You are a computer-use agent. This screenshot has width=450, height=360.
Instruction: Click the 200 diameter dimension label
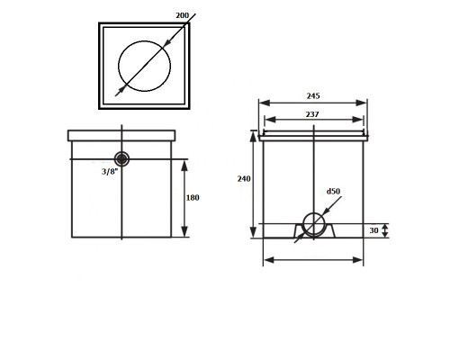click(x=182, y=15)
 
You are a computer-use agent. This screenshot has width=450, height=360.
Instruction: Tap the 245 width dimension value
click(x=313, y=96)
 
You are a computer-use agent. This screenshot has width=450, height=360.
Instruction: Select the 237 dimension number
click(x=312, y=114)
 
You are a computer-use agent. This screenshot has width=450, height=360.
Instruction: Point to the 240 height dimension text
click(x=244, y=179)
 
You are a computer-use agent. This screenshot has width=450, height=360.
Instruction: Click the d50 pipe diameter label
click(x=333, y=191)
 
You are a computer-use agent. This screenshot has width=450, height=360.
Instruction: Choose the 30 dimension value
click(x=373, y=230)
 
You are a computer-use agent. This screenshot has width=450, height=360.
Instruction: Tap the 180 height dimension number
click(x=193, y=198)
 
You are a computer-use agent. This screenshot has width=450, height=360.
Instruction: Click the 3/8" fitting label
click(x=110, y=172)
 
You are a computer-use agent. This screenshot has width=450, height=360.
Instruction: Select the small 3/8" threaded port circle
click(x=121, y=159)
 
